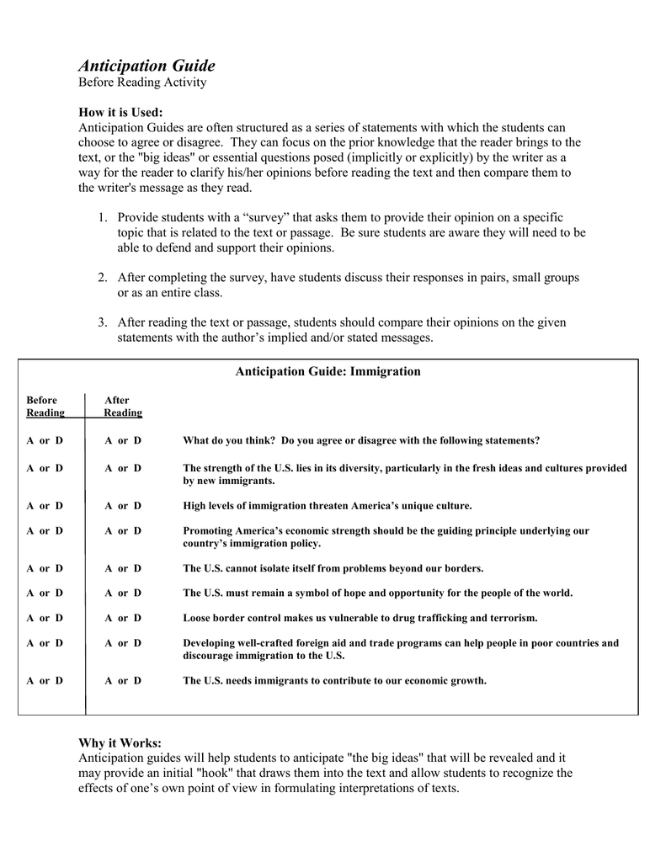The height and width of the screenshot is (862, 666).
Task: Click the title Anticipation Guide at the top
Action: click(147, 66)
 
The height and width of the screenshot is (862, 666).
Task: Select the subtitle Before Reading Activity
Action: click(142, 82)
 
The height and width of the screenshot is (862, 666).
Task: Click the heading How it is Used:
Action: click(120, 113)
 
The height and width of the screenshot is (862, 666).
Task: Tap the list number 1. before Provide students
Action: click(102, 218)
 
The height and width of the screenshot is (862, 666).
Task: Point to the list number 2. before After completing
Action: click(102, 278)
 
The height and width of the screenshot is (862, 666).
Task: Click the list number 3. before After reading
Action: click(102, 322)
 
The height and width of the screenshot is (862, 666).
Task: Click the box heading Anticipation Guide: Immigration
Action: click(328, 371)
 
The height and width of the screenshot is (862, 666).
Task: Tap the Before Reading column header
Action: click(45, 407)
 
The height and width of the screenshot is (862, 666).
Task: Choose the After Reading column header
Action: click(123, 407)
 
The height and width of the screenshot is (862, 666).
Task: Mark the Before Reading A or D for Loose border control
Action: click(45, 618)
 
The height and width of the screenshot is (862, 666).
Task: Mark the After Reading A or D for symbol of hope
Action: click(123, 593)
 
